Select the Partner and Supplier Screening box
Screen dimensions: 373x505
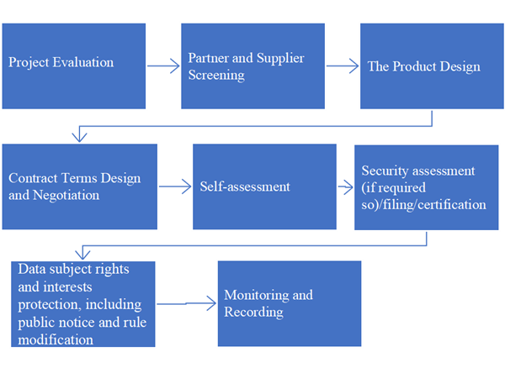(252, 66)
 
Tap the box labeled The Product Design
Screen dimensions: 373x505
(432, 66)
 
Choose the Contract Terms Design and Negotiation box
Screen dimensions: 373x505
(79, 186)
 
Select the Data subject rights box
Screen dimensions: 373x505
(82, 303)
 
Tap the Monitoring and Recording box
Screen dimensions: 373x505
(289, 303)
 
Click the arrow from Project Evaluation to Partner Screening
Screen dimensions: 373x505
(163, 65)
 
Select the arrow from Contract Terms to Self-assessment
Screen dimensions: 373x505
(175, 187)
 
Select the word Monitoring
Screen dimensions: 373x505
(255, 295)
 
